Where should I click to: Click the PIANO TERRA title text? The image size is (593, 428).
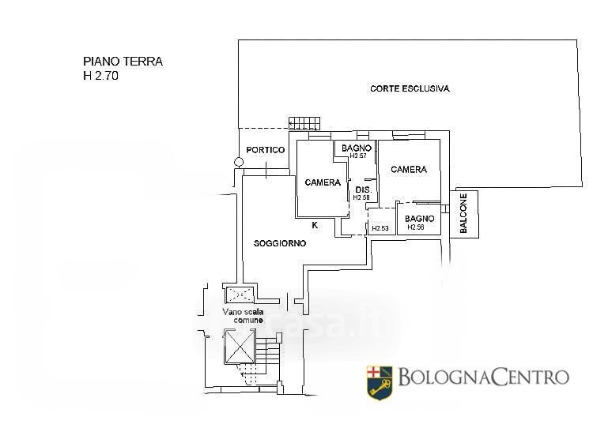coord(123,62)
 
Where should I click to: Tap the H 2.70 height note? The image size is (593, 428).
coord(103,77)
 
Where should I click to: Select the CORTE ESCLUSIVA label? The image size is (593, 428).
coord(410,89)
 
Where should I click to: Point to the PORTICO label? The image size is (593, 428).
coord(264,150)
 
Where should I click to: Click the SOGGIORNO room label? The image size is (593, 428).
coord(280,244)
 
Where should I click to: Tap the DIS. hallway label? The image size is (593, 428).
coord(363,190)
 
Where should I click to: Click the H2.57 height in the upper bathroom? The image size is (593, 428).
coord(358,156)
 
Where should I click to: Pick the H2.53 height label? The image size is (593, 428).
coord(380,229)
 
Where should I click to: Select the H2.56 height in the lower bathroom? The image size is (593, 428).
coord(416,228)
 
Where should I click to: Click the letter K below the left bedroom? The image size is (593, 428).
coord(315,225)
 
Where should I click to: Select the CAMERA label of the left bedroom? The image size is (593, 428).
coord(323,182)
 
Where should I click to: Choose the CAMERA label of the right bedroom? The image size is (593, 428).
coord(408,170)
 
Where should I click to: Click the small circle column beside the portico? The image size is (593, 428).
coord(239,163)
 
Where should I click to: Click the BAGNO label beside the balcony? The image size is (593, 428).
coord(419,219)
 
